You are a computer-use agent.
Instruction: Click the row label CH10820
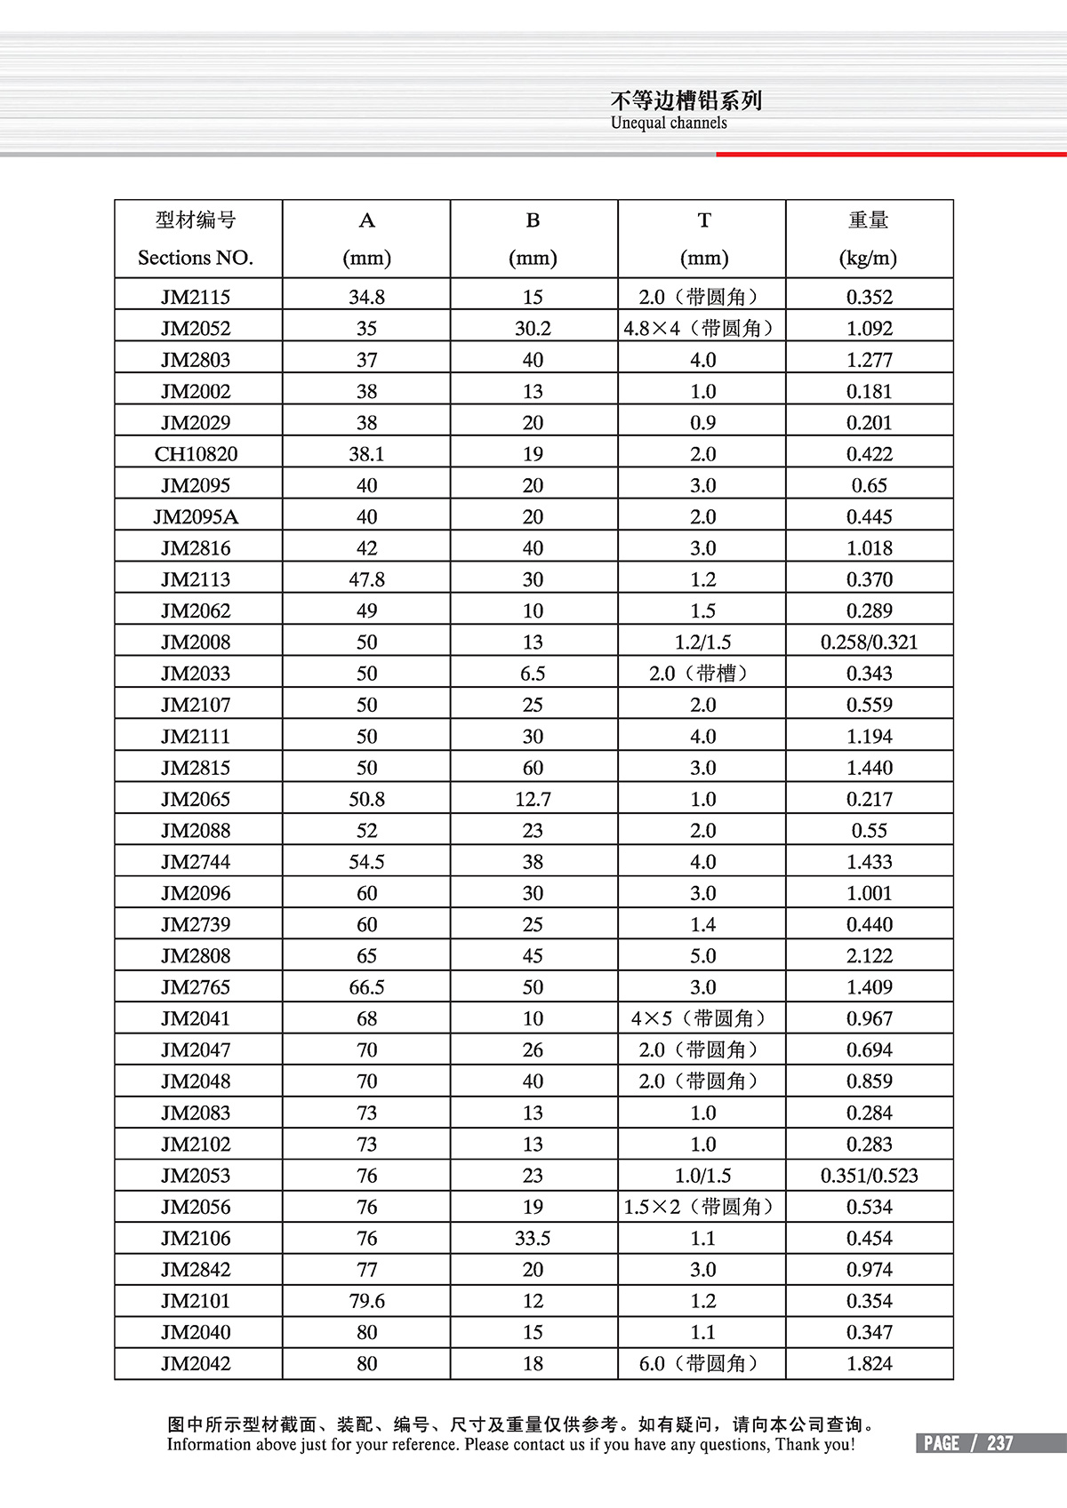tap(196, 454)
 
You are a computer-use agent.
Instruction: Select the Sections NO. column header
tap(196, 258)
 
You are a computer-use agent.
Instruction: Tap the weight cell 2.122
tap(869, 956)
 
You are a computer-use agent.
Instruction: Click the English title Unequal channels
tap(669, 123)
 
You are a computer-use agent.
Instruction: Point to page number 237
tap(1000, 1443)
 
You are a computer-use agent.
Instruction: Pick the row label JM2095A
tap(196, 517)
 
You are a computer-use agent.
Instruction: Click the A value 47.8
tap(366, 579)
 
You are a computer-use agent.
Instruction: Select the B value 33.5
tap(533, 1238)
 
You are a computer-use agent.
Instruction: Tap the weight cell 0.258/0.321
tap(869, 642)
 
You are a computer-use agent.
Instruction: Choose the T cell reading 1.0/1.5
tap(702, 1176)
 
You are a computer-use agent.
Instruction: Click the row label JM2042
tap(196, 1363)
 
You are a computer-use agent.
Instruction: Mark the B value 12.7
tap(533, 799)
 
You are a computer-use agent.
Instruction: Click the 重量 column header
tap(869, 220)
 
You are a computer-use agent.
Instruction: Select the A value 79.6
tap(366, 1301)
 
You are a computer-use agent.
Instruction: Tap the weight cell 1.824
tap(869, 1363)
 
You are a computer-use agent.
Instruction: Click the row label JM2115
tap(196, 297)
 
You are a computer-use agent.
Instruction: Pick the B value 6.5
tap(533, 674)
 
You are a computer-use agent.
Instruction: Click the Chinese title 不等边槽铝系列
tap(686, 100)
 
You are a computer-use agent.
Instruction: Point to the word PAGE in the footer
tap(942, 1443)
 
